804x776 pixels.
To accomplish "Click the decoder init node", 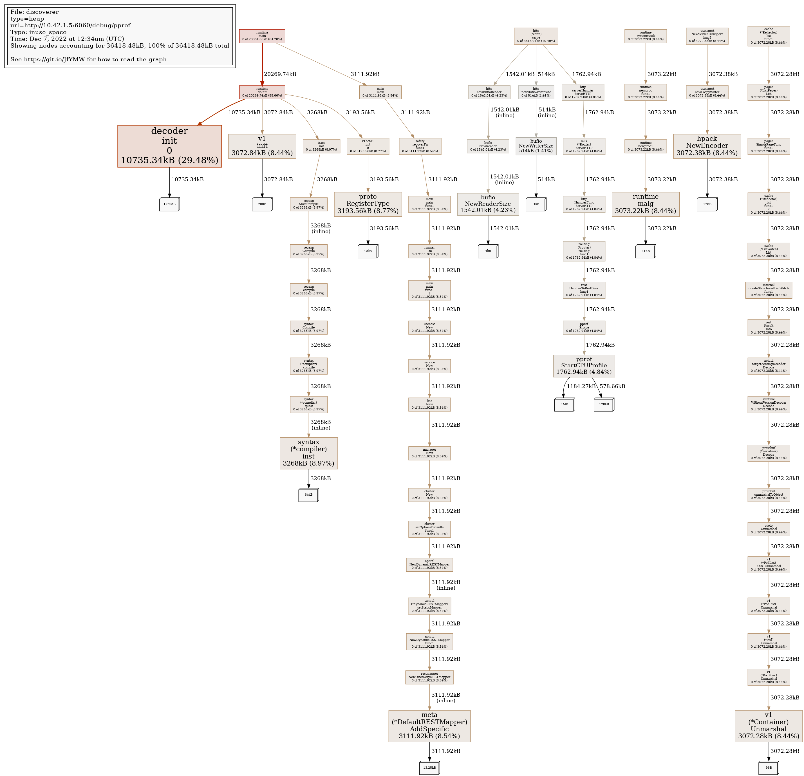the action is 169,146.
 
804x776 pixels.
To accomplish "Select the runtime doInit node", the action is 262,92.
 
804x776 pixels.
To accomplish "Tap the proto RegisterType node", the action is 368,204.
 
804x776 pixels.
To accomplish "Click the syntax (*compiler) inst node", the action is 308,453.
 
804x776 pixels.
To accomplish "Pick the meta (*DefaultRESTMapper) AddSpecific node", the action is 429,726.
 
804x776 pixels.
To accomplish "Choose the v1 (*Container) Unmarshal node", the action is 768,726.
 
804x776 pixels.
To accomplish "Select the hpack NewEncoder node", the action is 707,146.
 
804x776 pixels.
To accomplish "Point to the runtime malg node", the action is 645,204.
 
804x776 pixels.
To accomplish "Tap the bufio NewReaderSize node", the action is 488,204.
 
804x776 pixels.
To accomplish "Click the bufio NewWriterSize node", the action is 536,146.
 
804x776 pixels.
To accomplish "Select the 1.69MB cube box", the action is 169,204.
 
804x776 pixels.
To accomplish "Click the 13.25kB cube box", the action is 429,767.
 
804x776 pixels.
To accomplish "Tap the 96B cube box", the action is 768,767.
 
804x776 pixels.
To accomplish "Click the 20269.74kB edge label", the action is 280,74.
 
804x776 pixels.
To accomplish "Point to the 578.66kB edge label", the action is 612,386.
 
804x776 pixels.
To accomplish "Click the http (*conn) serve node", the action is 536,36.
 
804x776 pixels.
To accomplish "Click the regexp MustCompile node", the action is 308,204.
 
